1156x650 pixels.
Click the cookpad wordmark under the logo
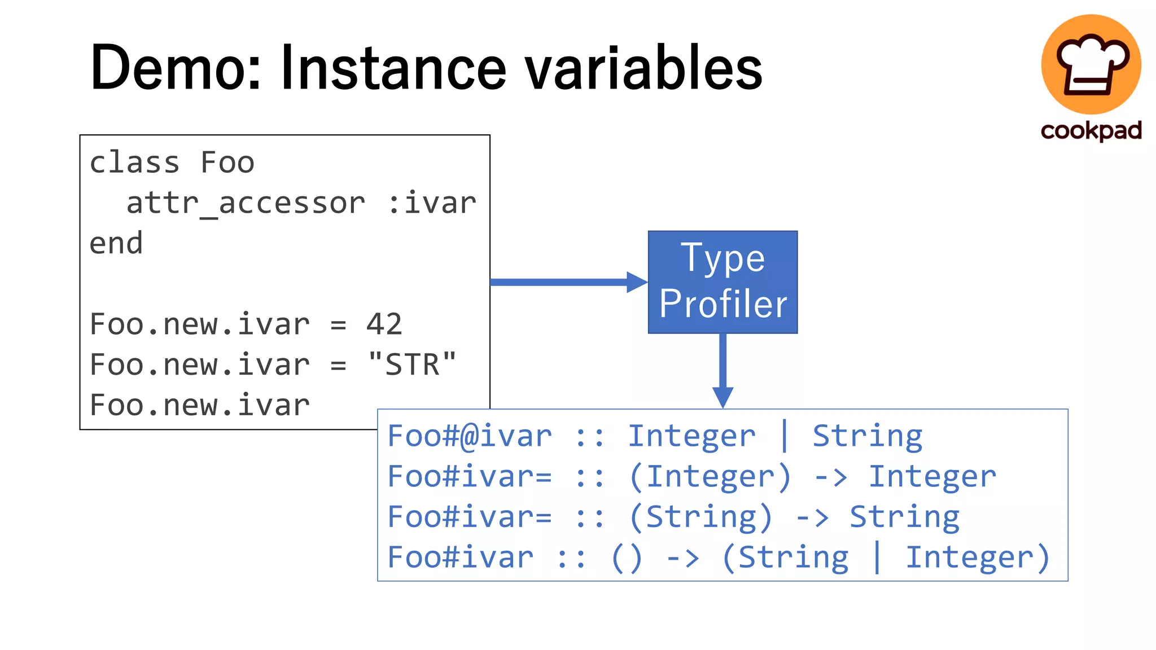pyautogui.click(x=1091, y=130)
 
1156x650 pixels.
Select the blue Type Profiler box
pyautogui.click(x=722, y=282)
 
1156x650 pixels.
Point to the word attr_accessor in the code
pyautogui.click(x=246, y=203)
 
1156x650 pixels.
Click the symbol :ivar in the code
pyautogui.click(x=432, y=203)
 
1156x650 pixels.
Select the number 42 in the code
pyautogui.click(x=384, y=324)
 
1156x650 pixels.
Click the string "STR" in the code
pyautogui.click(x=411, y=364)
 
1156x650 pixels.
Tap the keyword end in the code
pyautogui.click(x=116, y=244)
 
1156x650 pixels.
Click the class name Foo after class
pyautogui.click(x=227, y=162)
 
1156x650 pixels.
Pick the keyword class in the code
pyautogui.click(x=134, y=162)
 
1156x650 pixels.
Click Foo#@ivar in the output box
pyautogui.click(x=470, y=436)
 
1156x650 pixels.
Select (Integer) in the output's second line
pyautogui.click(x=710, y=477)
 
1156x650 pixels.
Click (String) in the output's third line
pyautogui.click(x=700, y=517)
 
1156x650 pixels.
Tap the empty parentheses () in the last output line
pyautogui.click(x=627, y=558)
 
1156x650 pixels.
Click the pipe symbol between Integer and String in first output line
pyautogui.click(x=784, y=436)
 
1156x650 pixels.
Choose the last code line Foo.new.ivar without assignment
pyautogui.click(x=200, y=405)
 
